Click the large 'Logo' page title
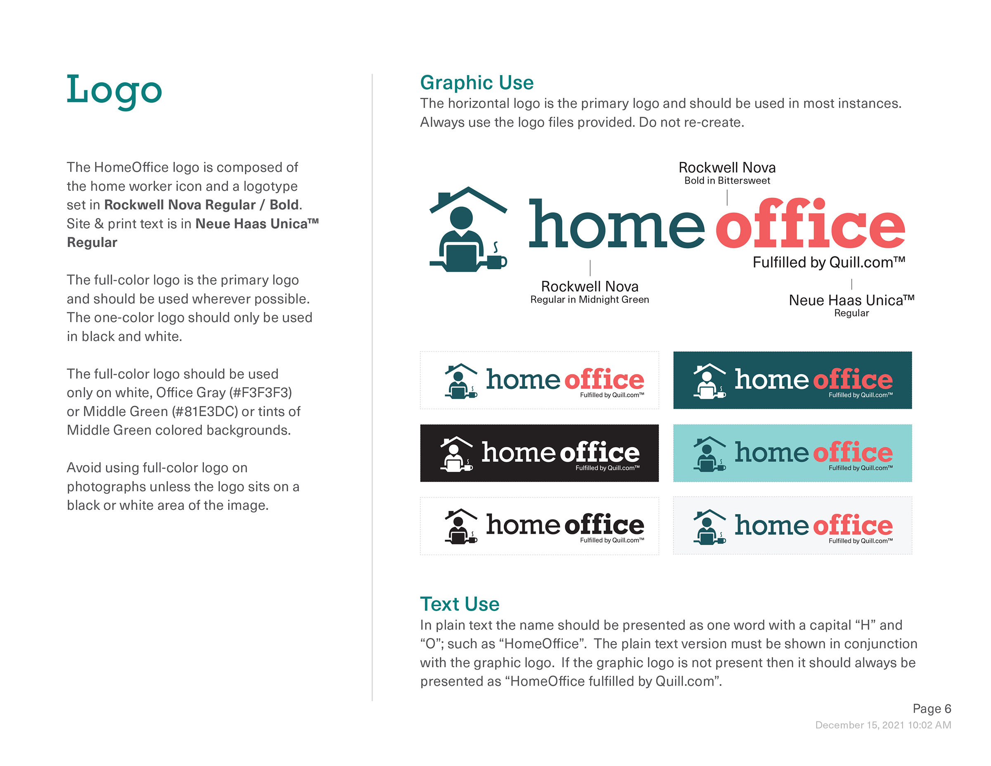[114, 90]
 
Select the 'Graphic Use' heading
[477, 83]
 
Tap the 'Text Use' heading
[459, 604]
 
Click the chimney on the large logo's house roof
[443, 198]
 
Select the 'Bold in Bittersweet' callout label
[727, 180]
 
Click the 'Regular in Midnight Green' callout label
[589, 299]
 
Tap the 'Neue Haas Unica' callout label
[851, 300]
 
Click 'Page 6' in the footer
[932, 708]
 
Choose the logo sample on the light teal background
[792, 453]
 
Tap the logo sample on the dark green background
[792, 380]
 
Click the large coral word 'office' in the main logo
[810, 225]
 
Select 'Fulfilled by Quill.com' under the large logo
[829, 262]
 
